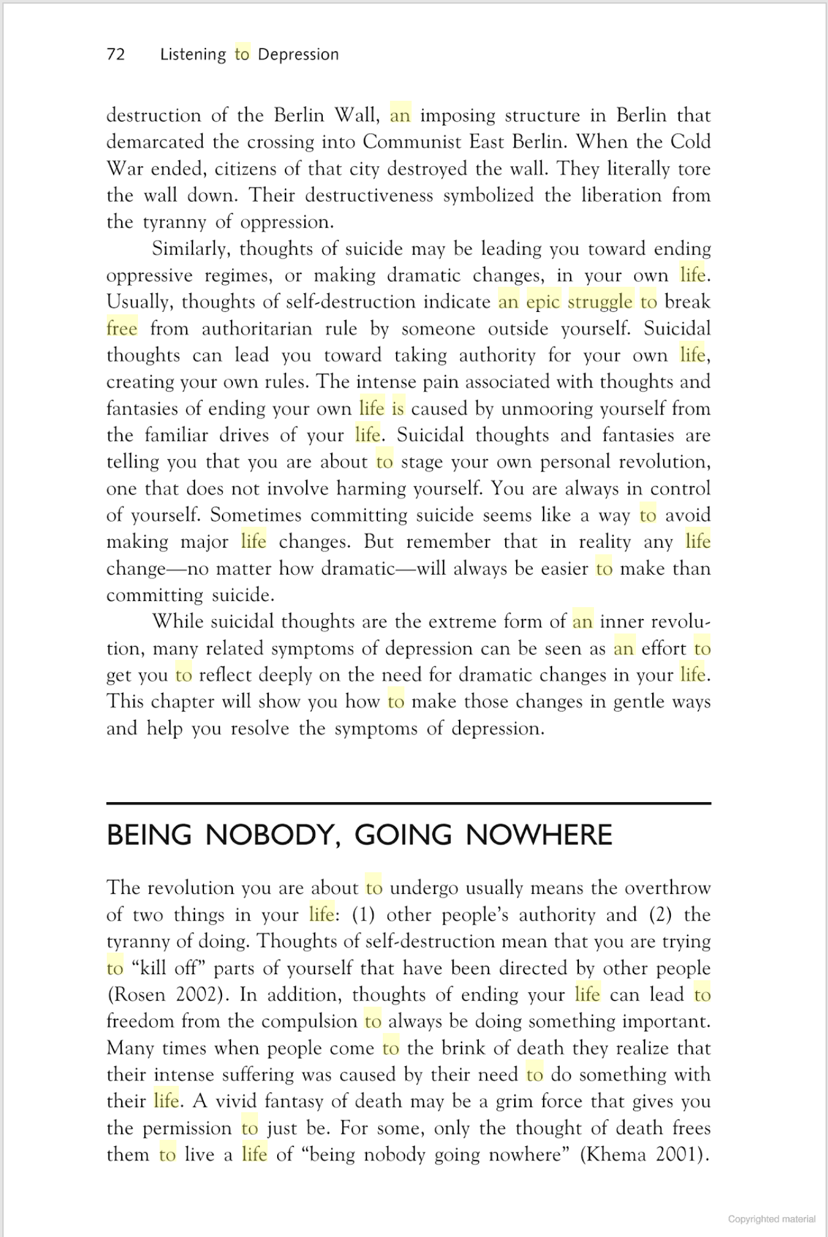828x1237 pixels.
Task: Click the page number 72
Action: [x=116, y=55]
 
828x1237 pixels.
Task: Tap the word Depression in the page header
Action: [x=298, y=55]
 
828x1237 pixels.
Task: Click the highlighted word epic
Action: [x=543, y=302]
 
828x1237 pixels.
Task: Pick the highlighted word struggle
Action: [x=600, y=302]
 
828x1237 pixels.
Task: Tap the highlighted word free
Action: [x=122, y=329]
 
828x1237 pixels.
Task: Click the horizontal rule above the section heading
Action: [x=409, y=803]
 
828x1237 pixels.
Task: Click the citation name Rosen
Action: [x=137, y=995]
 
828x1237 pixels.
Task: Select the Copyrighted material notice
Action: [x=772, y=1219]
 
